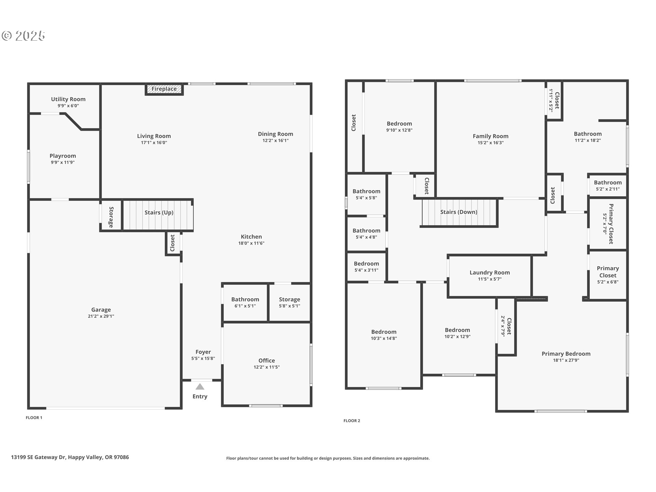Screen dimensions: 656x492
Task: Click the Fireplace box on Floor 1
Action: pyautogui.click(x=164, y=89)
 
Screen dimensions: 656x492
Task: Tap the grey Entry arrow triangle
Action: pyautogui.click(x=200, y=387)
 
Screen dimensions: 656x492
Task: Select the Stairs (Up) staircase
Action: pyautogui.click(x=158, y=215)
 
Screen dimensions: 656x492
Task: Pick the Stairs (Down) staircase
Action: pyautogui.click(x=459, y=213)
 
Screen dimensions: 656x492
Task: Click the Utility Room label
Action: pyautogui.click(x=68, y=99)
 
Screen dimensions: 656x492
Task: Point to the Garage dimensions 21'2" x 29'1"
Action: pyautogui.click(x=101, y=316)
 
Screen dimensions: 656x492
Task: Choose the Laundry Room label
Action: pyautogui.click(x=490, y=272)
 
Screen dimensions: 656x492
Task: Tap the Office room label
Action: pyautogui.click(x=266, y=360)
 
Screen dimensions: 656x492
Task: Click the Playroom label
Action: pyautogui.click(x=63, y=156)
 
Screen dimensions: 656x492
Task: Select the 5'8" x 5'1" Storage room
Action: pyautogui.click(x=290, y=302)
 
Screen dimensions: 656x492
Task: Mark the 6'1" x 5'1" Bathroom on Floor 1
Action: pyautogui.click(x=245, y=302)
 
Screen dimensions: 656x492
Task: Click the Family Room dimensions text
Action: pyautogui.click(x=491, y=143)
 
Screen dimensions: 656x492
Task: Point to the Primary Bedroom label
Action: pyautogui.click(x=566, y=354)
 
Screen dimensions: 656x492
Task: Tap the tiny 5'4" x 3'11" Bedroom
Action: pyautogui.click(x=366, y=266)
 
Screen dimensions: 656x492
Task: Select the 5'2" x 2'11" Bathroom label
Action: pyautogui.click(x=608, y=182)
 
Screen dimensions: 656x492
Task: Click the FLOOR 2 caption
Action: pyautogui.click(x=352, y=421)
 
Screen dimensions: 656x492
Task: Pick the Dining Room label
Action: pyautogui.click(x=275, y=134)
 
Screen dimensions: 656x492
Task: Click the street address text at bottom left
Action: pyautogui.click(x=70, y=457)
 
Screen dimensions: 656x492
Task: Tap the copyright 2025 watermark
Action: pyautogui.click(x=24, y=36)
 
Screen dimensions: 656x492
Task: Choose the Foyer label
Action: pyautogui.click(x=203, y=352)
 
